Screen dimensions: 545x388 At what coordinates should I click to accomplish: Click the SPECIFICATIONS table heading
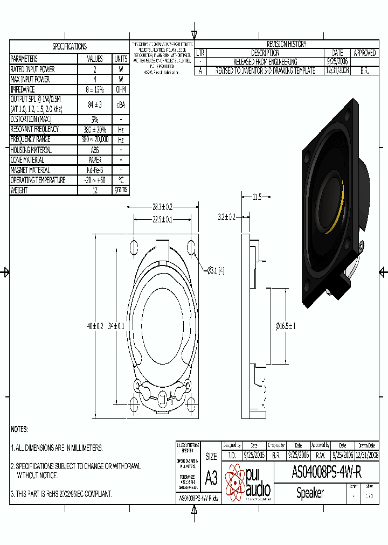70,46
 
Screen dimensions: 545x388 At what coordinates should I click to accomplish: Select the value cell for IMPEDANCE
94,89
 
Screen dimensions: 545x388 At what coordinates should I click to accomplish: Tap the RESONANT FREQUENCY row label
35,129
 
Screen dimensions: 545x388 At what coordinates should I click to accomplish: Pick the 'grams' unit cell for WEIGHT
121,190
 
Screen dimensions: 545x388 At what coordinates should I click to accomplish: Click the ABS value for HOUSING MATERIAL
94,150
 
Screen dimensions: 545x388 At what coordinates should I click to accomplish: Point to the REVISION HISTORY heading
287,44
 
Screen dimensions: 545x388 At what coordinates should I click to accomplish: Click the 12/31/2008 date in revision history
337,71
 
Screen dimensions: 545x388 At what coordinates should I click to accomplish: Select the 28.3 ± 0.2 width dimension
162,207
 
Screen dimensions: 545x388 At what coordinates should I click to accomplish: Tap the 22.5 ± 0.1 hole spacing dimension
162,219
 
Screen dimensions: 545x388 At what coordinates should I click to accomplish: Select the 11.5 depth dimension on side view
256,197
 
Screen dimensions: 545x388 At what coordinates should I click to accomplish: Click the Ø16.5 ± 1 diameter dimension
286,326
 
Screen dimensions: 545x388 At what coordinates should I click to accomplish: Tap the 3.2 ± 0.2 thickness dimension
226,217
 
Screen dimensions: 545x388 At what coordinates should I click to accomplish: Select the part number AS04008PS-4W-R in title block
326,472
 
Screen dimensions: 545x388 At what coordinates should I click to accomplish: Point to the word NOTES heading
19,429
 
